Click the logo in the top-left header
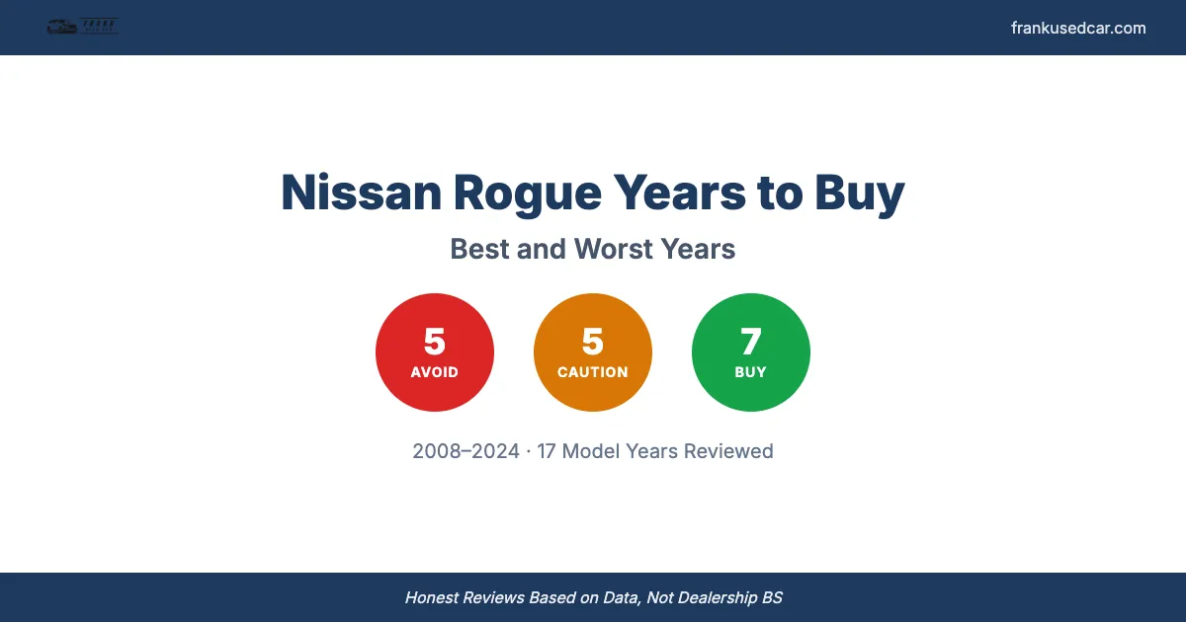click(83, 28)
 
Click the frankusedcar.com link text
click(1078, 28)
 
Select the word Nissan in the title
click(360, 193)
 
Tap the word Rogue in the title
click(526, 193)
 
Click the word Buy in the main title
click(859, 193)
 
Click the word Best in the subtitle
click(479, 249)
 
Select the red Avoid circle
click(435, 352)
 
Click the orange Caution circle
click(593, 352)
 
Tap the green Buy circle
click(751, 352)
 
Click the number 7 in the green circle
click(751, 342)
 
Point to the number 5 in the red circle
click(435, 342)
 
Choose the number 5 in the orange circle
click(593, 342)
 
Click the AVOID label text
click(435, 372)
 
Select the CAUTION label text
click(593, 372)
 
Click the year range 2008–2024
click(466, 451)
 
